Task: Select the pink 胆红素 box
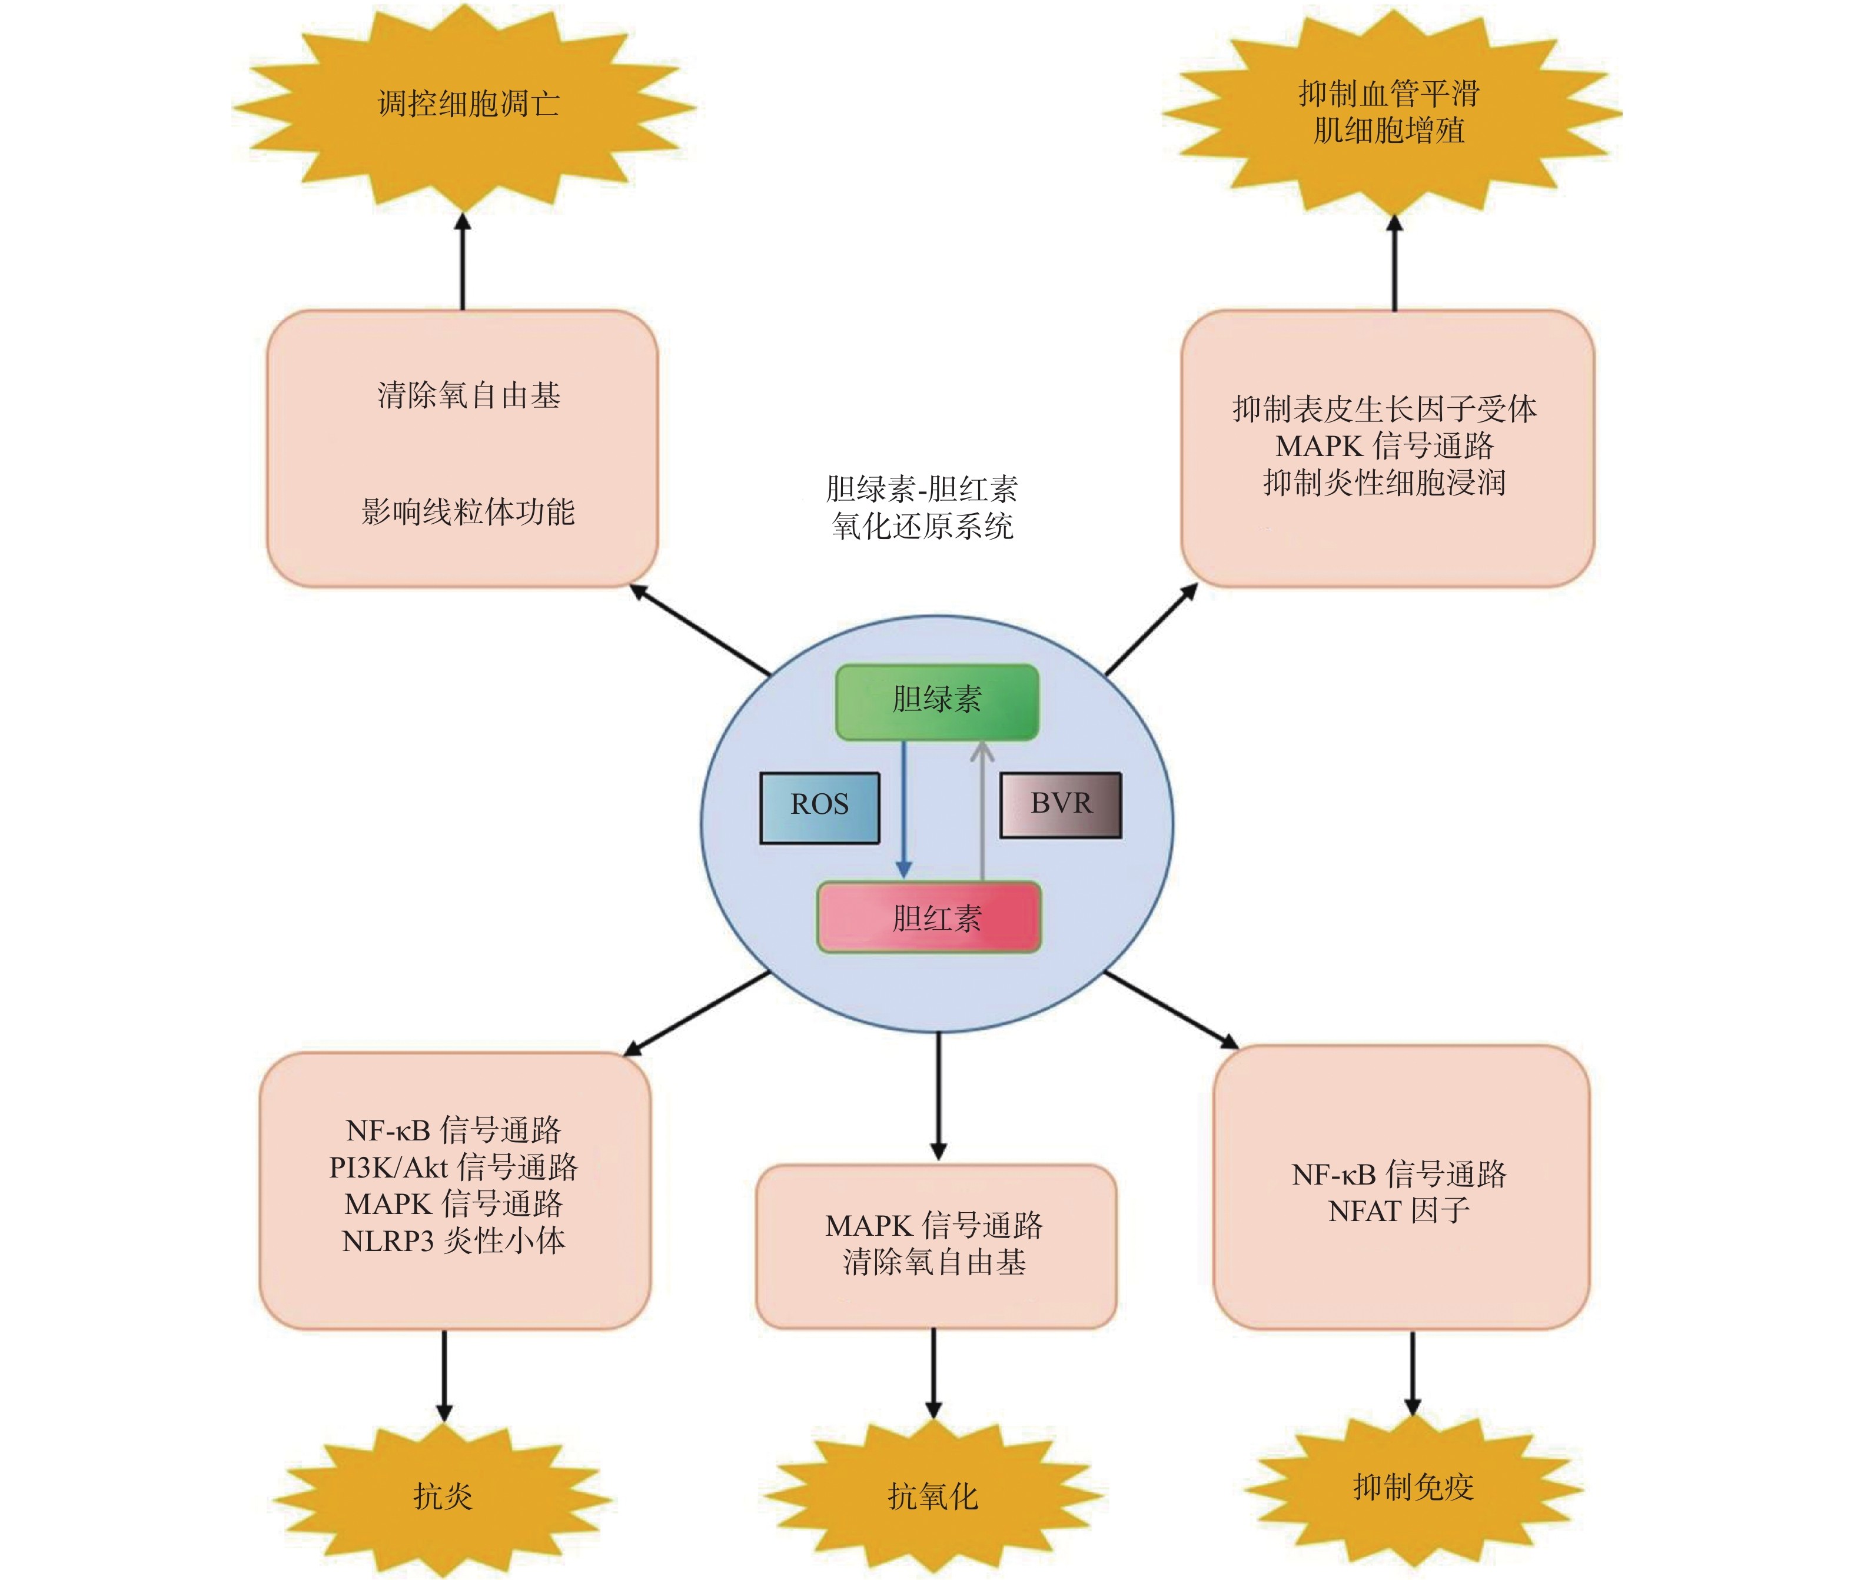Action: click(x=929, y=917)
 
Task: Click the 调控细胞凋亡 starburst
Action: click(x=466, y=105)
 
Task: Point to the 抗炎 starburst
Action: click(x=443, y=1495)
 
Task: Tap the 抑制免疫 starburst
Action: click(x=1413, y=1486)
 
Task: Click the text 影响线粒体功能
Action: click(x=468, y=512)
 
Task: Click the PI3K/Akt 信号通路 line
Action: click(x=454, y=1167)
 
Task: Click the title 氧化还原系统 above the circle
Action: click(x=922, y=526)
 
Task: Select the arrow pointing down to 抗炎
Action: click(x=444, y=1374)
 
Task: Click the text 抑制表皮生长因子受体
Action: click(x=1384, y=409)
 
